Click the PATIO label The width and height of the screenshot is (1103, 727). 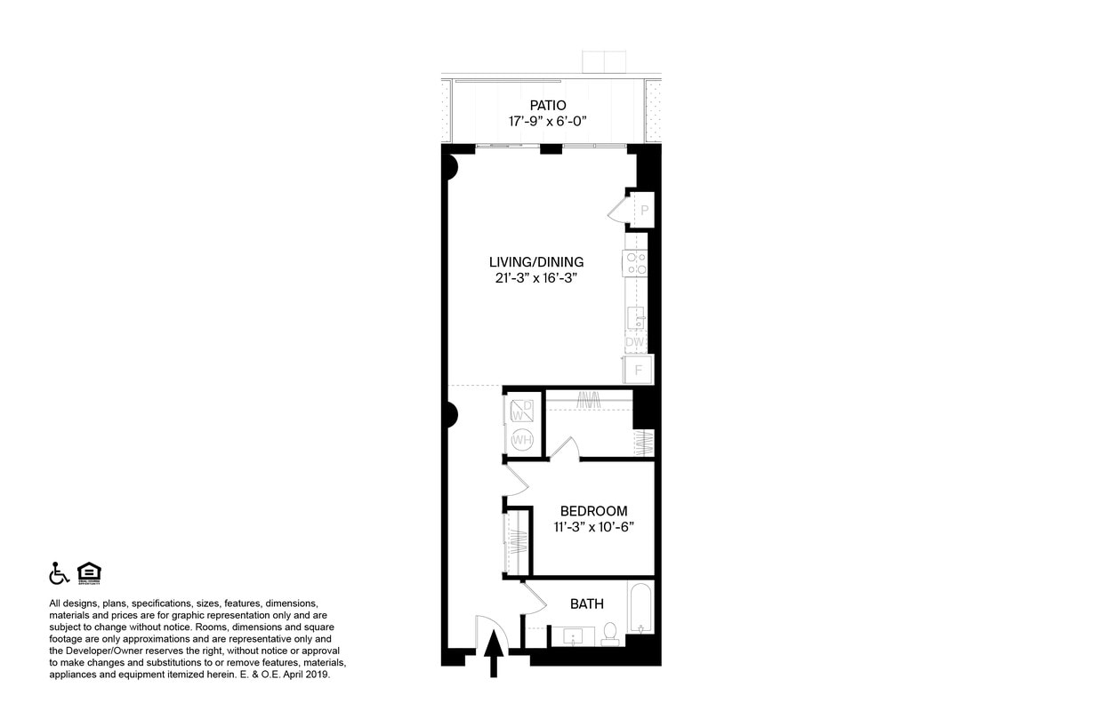tap(547, 105)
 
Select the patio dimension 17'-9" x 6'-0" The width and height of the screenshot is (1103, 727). tap(547, 122)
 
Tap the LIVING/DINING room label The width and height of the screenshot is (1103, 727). tap(536, 261)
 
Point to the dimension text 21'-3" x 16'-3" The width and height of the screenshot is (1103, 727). tap(536, 277)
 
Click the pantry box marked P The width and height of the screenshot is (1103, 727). tap(643, 211)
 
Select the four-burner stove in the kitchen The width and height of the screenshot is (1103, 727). tap(635, 263)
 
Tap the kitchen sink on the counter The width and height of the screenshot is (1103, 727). tap(636, 317)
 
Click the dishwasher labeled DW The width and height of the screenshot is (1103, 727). tap(635, 342)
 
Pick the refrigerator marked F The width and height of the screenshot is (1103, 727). tap(638, 369)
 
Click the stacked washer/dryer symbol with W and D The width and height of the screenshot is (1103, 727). tap(522, 410)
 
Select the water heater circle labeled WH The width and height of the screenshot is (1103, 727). tap(522, 440)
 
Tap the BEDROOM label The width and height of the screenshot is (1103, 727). tap(593, 511)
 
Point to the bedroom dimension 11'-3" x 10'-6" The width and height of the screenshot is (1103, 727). tap(593, 527)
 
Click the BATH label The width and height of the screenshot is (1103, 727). tap(587, 603)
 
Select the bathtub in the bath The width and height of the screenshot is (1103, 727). tap(640, 609)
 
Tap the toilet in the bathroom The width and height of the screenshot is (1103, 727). tap(610, 633)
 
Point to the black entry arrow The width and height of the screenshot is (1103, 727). tap(494, 659)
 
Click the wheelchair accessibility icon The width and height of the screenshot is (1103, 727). tap(59, 573)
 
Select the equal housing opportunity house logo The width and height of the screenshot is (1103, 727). tap(89, 573)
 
